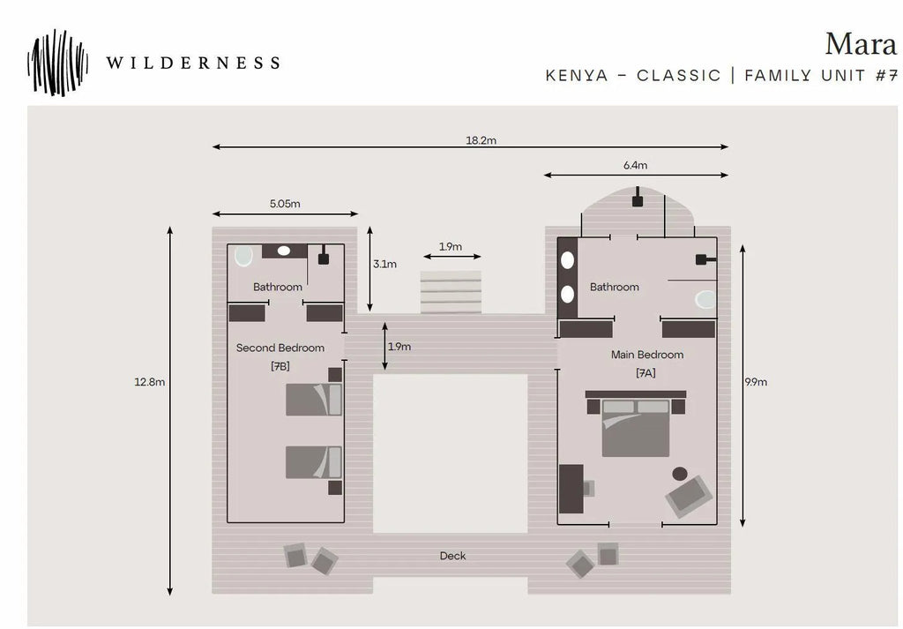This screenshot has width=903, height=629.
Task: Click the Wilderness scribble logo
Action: (x=57, y=63)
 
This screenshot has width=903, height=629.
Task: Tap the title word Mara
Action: (x=861, y=44)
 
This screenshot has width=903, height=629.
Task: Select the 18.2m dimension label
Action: (x=481, y=140)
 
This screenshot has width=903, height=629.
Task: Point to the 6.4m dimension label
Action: (x=635, y=165)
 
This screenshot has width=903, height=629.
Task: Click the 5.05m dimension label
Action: (x=285, y=203)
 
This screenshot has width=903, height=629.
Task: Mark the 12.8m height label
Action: (x=150, y=382)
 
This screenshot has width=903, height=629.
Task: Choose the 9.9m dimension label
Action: (x=756, y=382)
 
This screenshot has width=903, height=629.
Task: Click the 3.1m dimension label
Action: (x=384, y=265)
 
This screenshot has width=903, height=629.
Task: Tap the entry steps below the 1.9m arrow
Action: (x=451, y=292)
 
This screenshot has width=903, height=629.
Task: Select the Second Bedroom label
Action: (x=280, y=348)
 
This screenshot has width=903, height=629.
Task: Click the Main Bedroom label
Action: (x=647, y=355)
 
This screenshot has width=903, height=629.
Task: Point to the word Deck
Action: (x=452, y=556)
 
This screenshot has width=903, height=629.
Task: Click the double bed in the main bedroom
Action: (x=635, y=427)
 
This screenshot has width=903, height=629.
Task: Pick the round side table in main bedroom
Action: (x=680, y=474)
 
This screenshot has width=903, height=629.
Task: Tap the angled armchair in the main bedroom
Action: (x=689, y=496)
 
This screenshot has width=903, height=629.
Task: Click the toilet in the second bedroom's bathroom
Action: (x=243, y=256)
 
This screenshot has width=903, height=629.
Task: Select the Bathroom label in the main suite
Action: (x=615, y=287)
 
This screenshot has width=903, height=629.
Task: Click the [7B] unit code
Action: (x=280, y=366)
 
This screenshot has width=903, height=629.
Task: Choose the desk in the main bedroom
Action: (x=571, y=489)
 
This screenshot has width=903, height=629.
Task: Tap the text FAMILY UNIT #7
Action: (x=821, y=76)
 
